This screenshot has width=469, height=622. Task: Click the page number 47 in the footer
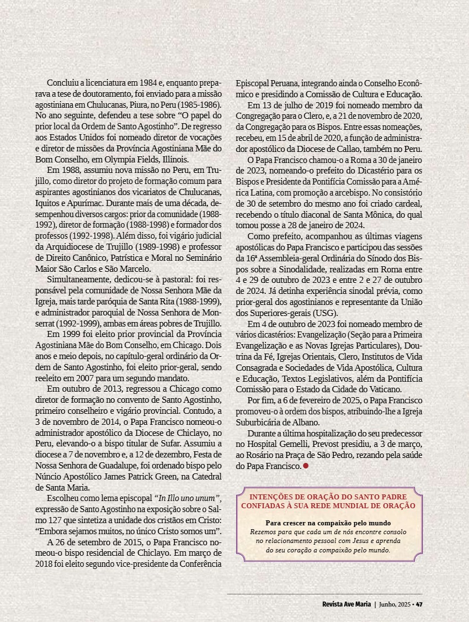point(419,604)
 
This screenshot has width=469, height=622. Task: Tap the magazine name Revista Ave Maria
point(347,604)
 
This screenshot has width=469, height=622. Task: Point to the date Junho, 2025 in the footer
point(395,604)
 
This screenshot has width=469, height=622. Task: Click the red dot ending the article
point(305,466)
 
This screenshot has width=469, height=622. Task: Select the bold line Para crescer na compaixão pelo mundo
point(328,523)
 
